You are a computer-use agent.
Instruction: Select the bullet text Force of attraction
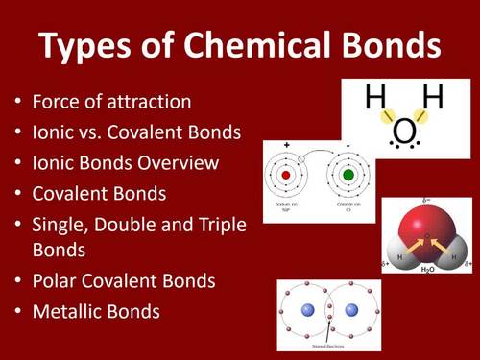(x=112, y=101)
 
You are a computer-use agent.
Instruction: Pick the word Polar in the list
(x=54, y=281)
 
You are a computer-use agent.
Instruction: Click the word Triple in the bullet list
(x=222, y=224)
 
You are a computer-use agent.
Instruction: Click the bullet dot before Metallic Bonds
(x=17, y=312)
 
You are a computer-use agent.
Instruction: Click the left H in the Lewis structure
(x=375, y=98)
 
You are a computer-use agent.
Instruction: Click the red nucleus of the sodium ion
(x=286, y=177)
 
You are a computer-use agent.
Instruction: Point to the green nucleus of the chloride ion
(x=347, y=177)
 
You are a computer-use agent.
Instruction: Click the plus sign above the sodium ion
(x=286, y=145)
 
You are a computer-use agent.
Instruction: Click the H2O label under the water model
(x=427, y=272)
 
